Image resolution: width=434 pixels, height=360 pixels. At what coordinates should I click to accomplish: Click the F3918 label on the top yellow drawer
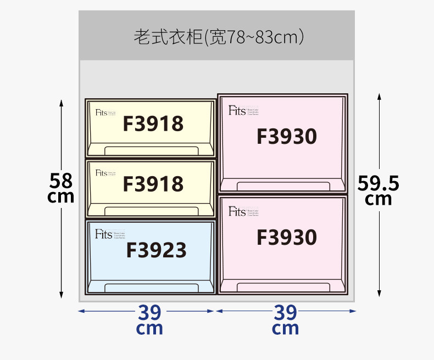click(153, 123)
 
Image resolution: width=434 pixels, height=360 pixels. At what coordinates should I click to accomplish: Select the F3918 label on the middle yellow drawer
click(153, 183)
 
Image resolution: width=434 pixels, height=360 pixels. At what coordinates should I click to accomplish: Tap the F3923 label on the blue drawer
click(156, 250)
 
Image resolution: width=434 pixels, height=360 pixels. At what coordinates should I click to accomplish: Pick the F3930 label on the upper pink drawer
click(286, 136)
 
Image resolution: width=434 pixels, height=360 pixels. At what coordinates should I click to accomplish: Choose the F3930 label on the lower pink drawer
click(286, 237)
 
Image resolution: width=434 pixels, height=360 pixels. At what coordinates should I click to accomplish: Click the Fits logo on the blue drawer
click(103, 234)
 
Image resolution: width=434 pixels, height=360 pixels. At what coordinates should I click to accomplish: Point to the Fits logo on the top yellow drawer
click(101, 113)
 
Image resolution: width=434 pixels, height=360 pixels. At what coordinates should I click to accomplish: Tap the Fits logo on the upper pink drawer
click(237, 110)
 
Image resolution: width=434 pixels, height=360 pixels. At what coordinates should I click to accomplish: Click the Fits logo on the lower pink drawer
click(237, 211)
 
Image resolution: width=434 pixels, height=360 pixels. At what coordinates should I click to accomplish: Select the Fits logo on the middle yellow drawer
click(101, 173)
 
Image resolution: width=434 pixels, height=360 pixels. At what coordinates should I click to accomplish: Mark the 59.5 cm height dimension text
click(378, 189)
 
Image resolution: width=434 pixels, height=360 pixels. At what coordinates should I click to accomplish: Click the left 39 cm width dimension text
click(149, 320)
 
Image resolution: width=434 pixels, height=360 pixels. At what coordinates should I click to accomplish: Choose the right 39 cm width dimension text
click(285, 320)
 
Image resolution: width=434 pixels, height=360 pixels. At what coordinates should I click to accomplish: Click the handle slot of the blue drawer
click(151, 288)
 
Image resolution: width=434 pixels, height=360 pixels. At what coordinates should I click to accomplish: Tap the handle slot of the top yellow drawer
click(151, 151)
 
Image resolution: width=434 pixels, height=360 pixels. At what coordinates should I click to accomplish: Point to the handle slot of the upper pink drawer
click(283, 185)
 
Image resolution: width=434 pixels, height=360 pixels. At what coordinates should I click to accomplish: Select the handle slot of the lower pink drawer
click(283, 286)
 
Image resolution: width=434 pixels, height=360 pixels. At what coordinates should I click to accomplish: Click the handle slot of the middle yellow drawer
click(151, 211)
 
